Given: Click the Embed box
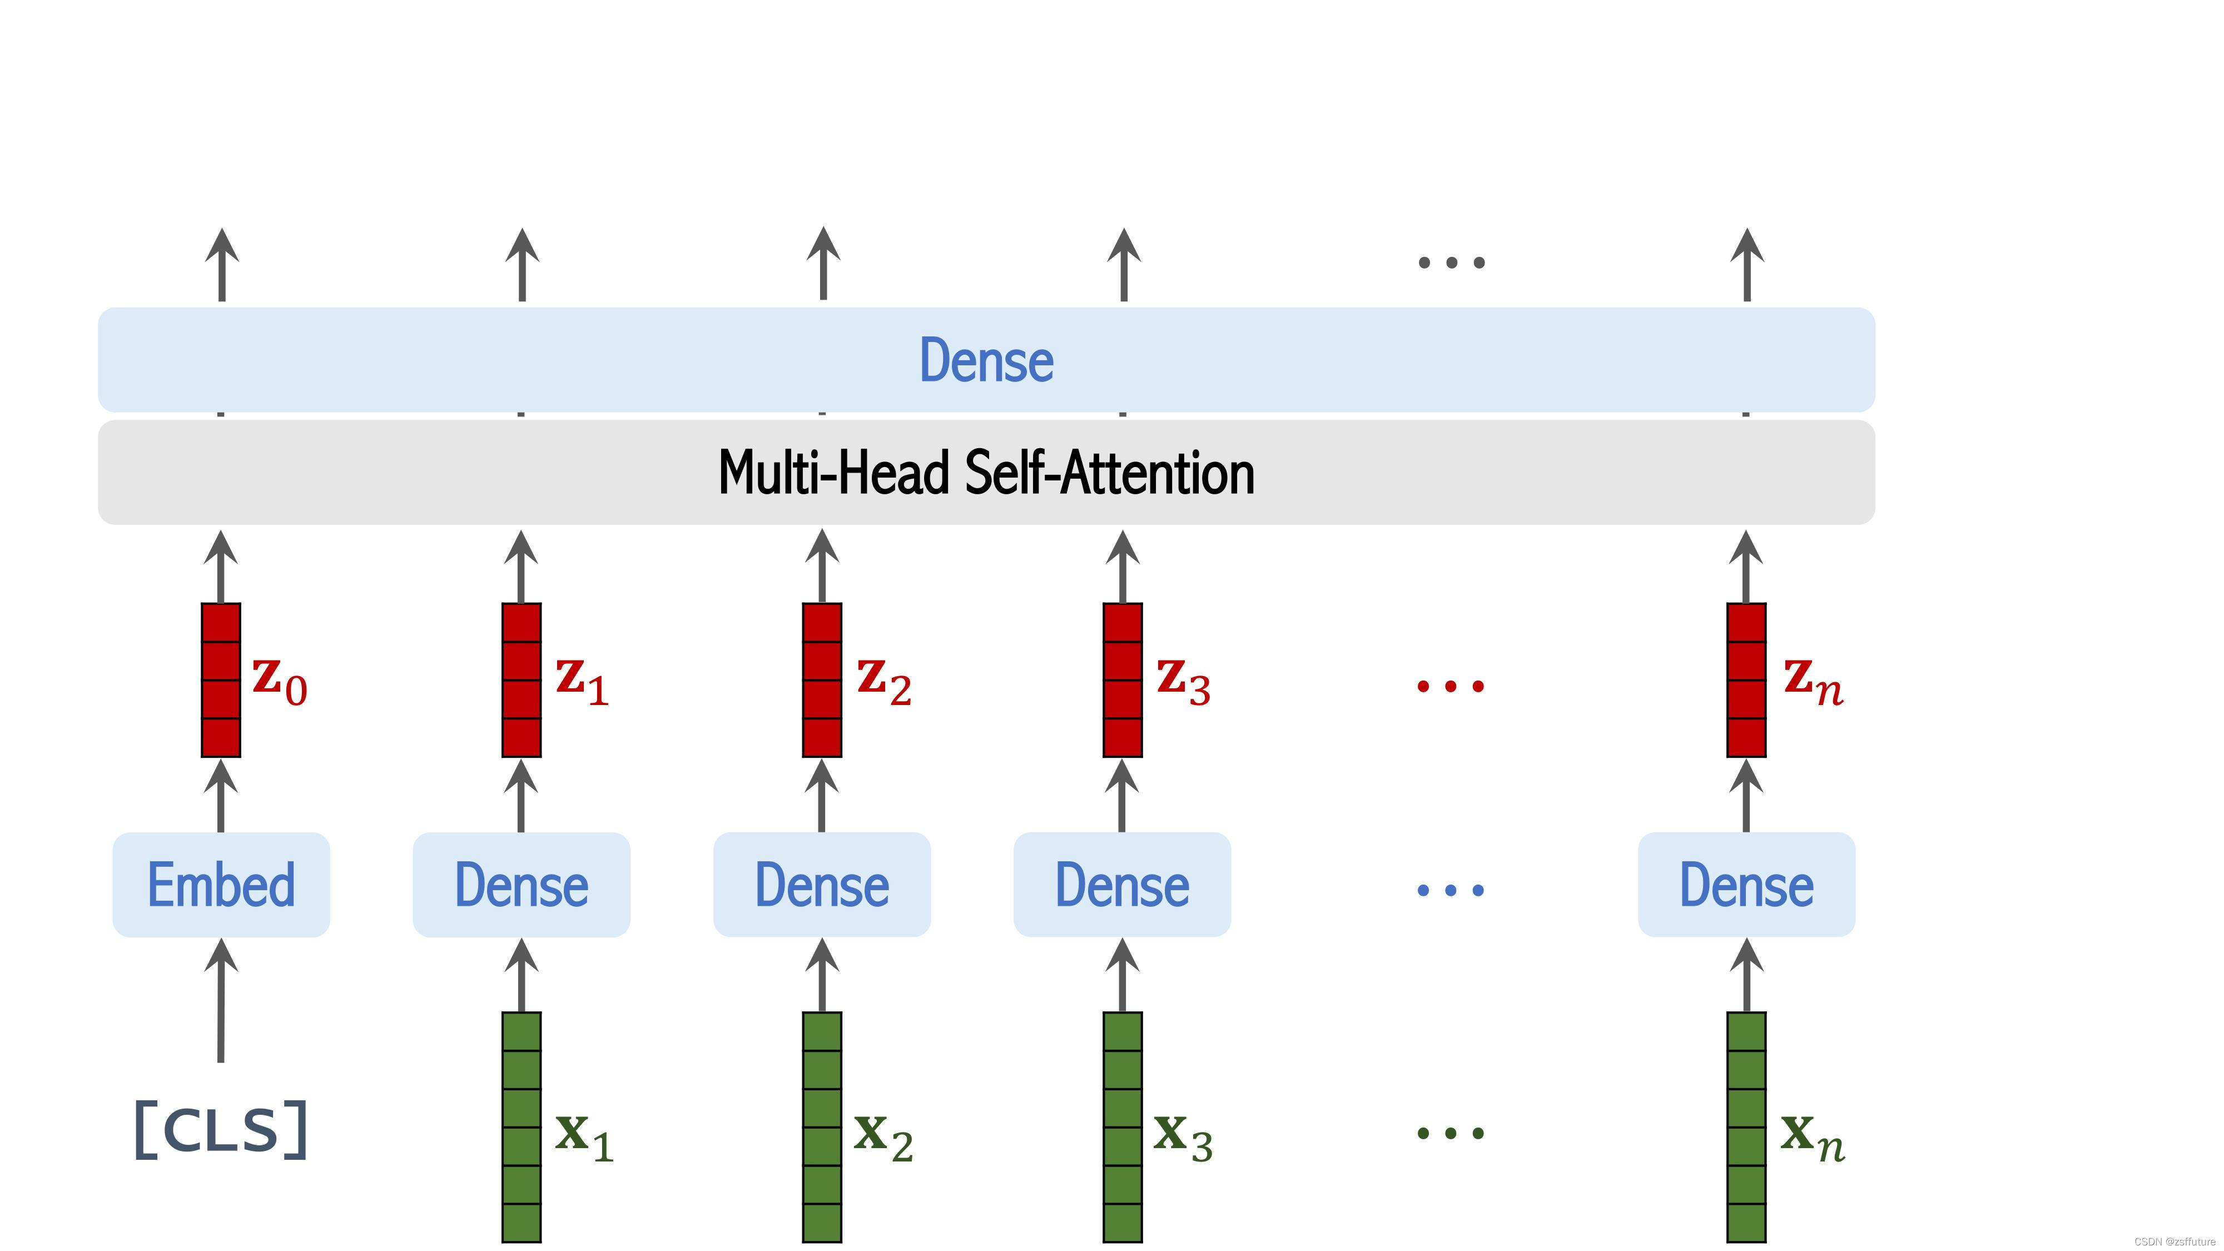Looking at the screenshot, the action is pyautogui.click(x=221, y=885).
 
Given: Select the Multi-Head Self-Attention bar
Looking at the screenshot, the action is pyautogui.click(x=986, y=472).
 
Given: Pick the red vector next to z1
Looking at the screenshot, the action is pyautogui.click(x=522, y=681).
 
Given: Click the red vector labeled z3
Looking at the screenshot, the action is pyautogui.click(x=1123, y=681).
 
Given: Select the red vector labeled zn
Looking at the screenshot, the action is pyautogui.click(x=1746, y=681).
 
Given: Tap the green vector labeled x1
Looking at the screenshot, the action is pyautogui.click(x=522, y=1126).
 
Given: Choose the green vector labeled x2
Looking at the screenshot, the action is pyautogui.click(x=822, y=1126).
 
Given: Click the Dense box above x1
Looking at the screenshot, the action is pyautogui.click(x=522, y=885).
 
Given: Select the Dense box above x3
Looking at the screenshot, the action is pyautogui.click(x=1123, y=885).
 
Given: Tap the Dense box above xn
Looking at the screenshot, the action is pyautogui.click(x=1746, y=885).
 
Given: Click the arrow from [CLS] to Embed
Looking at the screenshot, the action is pyautogui.click(x=221, y=1001).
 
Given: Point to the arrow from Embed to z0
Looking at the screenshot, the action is pyautogui.click(x=221, y=796).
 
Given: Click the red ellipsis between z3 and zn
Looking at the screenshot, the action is pyautogui.click(x=1451, y=686).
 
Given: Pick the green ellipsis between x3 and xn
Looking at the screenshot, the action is pyautogui.click(x=1451, y=1133).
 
